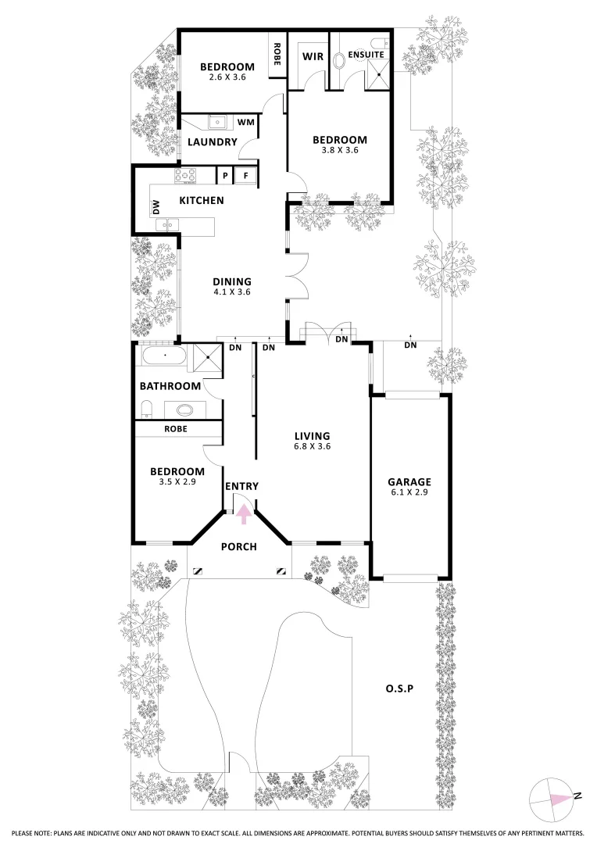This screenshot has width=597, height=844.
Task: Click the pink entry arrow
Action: coord(244,513)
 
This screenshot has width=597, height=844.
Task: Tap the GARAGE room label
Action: coord(409,482)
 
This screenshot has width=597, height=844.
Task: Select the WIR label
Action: coord(313,56)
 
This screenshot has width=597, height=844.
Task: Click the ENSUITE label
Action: coord(366,55)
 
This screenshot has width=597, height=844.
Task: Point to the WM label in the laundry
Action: coord(245,122)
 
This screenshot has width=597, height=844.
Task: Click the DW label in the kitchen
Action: coord(156,207)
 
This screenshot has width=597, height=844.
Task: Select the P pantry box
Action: coord(224,176)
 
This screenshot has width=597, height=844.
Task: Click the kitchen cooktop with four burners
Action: coord(189,176)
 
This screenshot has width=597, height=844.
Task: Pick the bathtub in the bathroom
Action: coord(164,359)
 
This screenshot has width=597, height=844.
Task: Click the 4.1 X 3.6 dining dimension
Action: coord(232,292)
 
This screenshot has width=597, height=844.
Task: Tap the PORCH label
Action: coord(239,546)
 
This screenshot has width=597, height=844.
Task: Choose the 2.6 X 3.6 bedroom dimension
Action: coord(227,77)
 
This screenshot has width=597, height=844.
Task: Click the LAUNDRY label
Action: coord(212,142)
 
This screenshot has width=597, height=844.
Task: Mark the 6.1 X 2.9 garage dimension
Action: coord(409,493)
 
